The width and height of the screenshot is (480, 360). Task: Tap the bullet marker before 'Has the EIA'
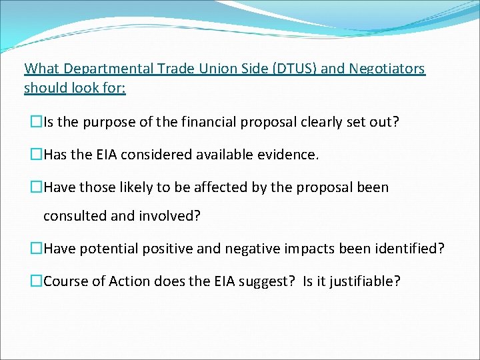point(36,155)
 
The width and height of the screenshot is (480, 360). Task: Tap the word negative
point(243,249)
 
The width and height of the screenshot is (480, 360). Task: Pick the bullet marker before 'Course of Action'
point(36,281)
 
